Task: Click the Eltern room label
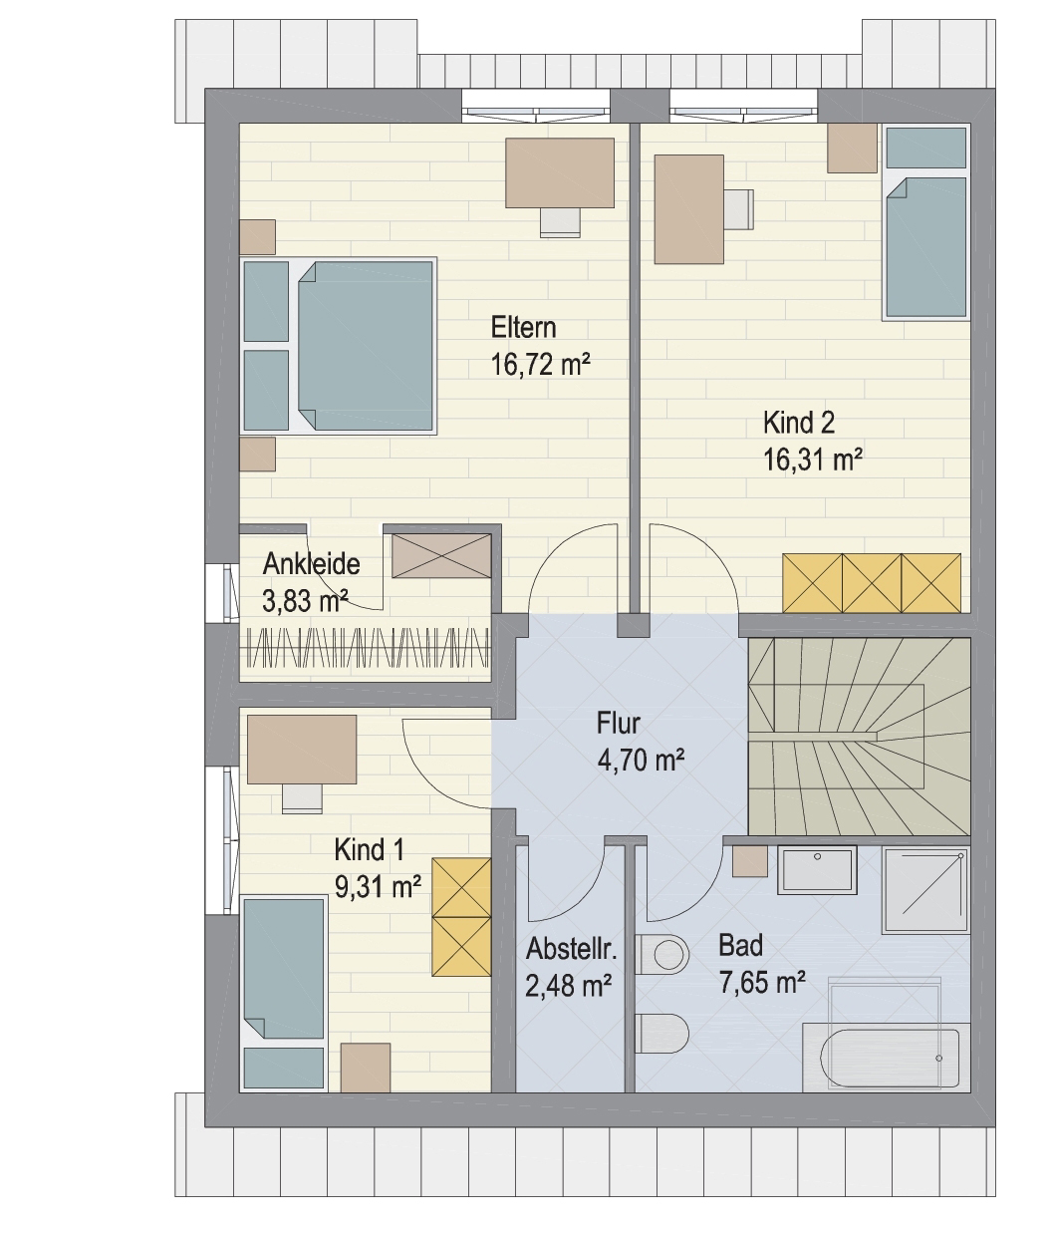click(523, 328)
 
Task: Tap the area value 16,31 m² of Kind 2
click(813, 461)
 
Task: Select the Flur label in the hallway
click(618, 724)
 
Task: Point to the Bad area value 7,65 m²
click(762, 983)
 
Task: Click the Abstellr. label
click(571, 949)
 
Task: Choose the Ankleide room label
click(311, 564)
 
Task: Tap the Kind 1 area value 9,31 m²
click(378, 887)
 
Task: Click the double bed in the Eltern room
click(338, 346)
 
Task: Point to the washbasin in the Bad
click(817, 869)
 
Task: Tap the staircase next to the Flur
click(859, 736)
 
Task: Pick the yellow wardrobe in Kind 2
click(872, 583)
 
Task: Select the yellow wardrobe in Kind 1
click(461, 917)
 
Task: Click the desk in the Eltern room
click(560, 173)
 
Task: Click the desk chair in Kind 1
click(302, 797)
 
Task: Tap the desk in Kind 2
click(689, 209)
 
